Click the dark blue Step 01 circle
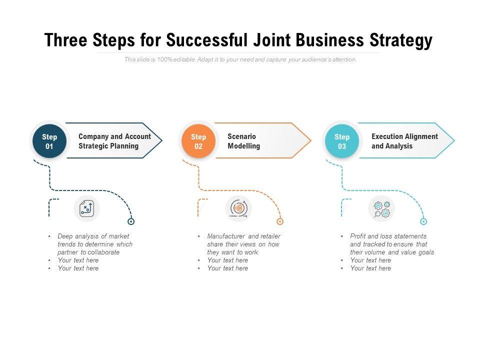click(49, 141)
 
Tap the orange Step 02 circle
click(198, 141)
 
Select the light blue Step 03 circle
click(342, 141)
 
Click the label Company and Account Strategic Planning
click(114, 141)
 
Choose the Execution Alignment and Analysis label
click(404, 141)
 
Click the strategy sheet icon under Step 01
click(87, 208)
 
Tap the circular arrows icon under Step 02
click(238, 208)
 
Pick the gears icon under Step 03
click(381, 208)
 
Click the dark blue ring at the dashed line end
click(131, 221)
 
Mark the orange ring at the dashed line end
click(280, 221)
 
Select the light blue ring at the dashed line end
click(423, 221)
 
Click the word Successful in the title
click(206, 40)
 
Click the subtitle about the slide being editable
click(240, 59)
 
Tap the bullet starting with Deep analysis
click(94, 244)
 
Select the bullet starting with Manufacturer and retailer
click(243, 244)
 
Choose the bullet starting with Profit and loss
click(391, 244)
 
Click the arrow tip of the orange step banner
click(308, 140)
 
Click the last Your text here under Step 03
click(370, 268)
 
